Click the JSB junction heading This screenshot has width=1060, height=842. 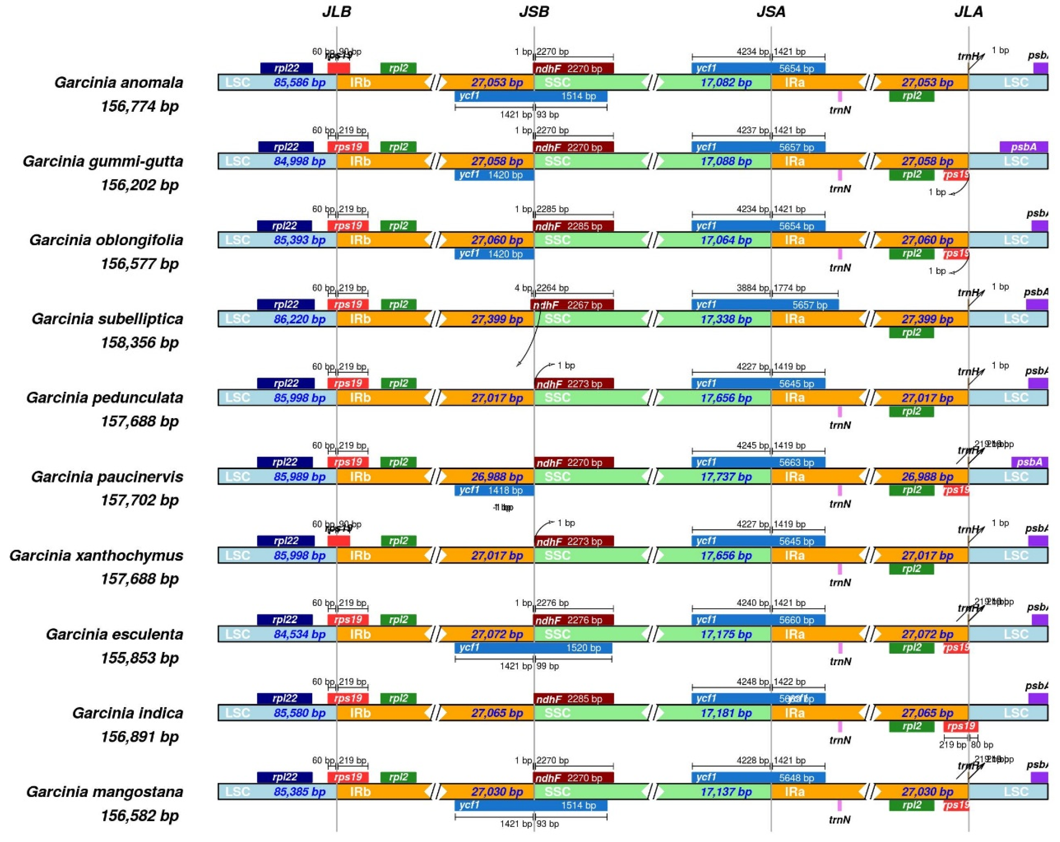point(534,12)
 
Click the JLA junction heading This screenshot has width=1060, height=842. point(968,12)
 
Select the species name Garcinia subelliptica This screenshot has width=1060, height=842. point(107,319)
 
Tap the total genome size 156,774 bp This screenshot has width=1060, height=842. point(140,106)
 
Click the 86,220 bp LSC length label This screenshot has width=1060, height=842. point(299,320)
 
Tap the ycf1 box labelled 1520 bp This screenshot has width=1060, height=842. point(533,648)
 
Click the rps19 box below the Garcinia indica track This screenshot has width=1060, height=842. point(960,726)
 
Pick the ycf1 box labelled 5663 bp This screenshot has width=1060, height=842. point(758,462)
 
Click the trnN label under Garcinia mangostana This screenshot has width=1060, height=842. point(840,820)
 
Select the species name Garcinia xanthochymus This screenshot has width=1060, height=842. point(96,555)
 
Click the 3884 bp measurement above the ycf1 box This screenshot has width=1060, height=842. point(751,288)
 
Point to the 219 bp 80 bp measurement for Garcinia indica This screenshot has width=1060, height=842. point(966,745)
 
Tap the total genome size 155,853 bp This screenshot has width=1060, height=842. point(140,658)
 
